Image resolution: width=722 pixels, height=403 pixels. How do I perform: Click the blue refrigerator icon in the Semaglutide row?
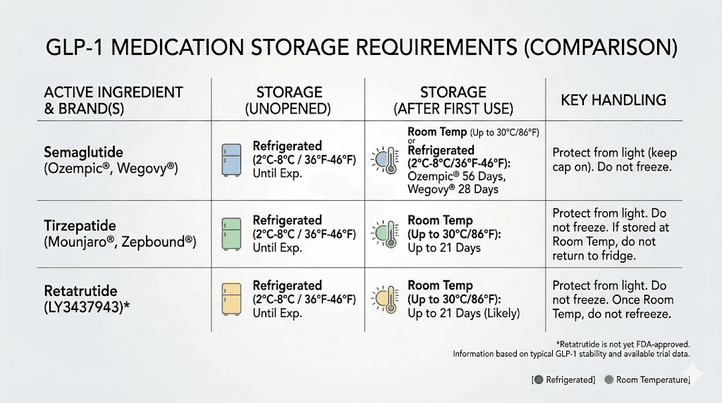tap(234, 159)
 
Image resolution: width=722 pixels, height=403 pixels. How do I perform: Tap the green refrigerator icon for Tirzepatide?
tap(234, 232)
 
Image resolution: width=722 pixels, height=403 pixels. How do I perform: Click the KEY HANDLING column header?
tap(613, 100)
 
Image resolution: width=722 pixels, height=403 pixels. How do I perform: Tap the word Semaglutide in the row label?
tap(82, 151)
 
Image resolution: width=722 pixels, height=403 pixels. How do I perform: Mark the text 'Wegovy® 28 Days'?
tap(453, 189)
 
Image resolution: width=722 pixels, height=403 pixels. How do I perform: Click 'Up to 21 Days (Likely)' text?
tap(463, 313)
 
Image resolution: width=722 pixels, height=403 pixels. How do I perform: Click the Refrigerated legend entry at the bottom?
tap(563, 380)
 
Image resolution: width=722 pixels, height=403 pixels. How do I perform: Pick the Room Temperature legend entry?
tap(647, 380)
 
